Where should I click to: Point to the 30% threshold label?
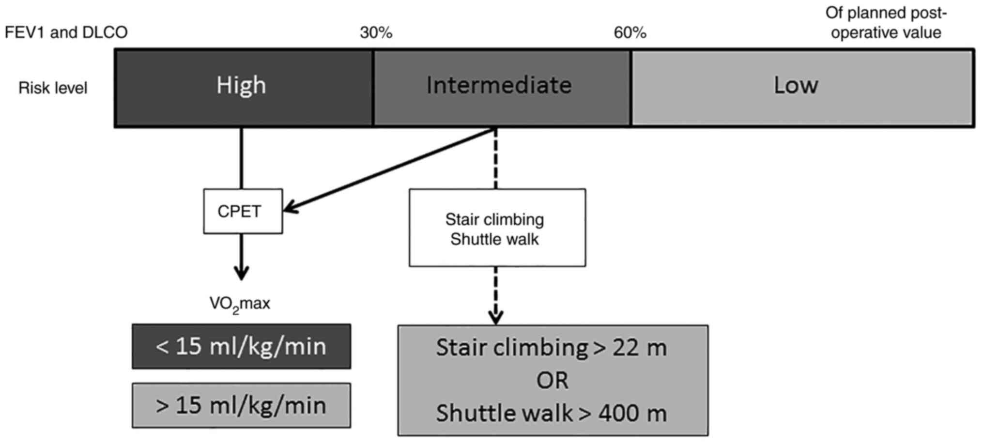tap(376, 33)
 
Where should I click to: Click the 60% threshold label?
tap(630, 33)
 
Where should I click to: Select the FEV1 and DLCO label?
tap(66, 32)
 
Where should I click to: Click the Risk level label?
tap(53, 88)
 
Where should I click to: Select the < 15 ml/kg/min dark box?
tap(241, 347)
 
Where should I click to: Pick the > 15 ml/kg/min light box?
tap(241, 405)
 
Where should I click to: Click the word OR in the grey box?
tap(552, 381)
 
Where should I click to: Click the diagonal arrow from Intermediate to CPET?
tap(387, 169)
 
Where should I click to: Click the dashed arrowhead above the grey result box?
tap(495, 317)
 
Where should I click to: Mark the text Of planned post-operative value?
tap(885, 23)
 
